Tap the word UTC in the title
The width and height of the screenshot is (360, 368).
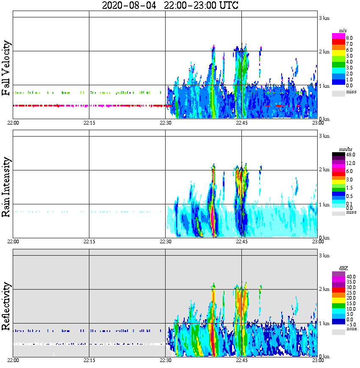pyautogui.click(x=227, y=6)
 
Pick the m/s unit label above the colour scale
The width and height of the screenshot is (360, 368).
pyautogui.click(x=343, y=31)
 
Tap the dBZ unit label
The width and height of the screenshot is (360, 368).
pyautogui.click(x=343, y=268)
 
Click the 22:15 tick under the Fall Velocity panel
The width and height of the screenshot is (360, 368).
pyautogui.click(x=89, y=123)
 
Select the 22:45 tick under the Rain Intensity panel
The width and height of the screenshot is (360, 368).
pyautogui.click(x=241, y=241)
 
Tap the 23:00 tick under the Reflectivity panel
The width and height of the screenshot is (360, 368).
pyautogui.click(x=318, y=360)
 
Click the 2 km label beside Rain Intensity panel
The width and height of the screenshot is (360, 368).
pyautogui.click(x=324, y=170)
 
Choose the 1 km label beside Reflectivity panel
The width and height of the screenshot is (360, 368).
pyautogui.click(x=324, y=323)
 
